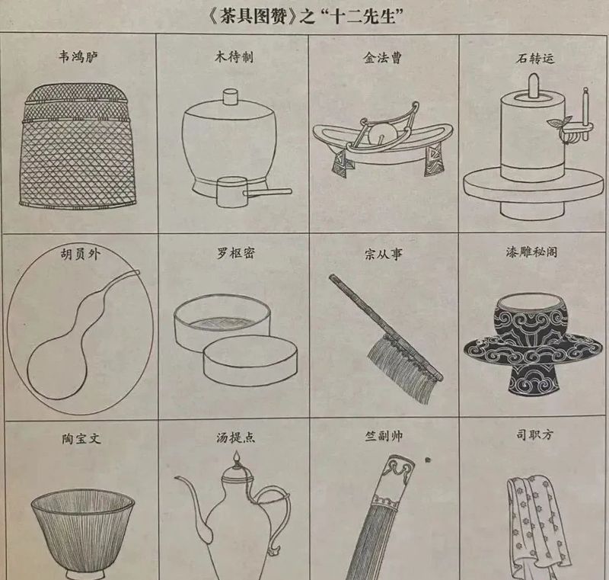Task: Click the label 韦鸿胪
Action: pyautogui.click(x=78, y=57)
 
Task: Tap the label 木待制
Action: pyautogui.click(x=234, y=57)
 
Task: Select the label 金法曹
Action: pyautogui.click(x=383, y=58)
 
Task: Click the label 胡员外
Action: pyautogui.click(x=81, y=255)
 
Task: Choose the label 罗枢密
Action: pyautogui.click(x=236, y=254)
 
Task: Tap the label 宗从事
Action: pyautogui.click(x=384, y=255)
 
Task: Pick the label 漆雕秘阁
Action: pyautogui.click(x=531, y=252)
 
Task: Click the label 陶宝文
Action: pyautogui.click(x=81, y=439)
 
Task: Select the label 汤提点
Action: pyautogui.click(x=236, y=437)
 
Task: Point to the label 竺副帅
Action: pyautogui.click(x=384, y=436)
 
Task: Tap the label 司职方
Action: pyautogui.click(x=534, y=434)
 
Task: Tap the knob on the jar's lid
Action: pyautogui.click(x=231, y=96)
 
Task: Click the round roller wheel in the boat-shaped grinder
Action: pyautogui.click(x=382, y=134)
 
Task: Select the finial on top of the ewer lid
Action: pyautogui.click(x=236, y=459)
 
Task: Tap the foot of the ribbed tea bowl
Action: pyautogui.click(x=84, y=575)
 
